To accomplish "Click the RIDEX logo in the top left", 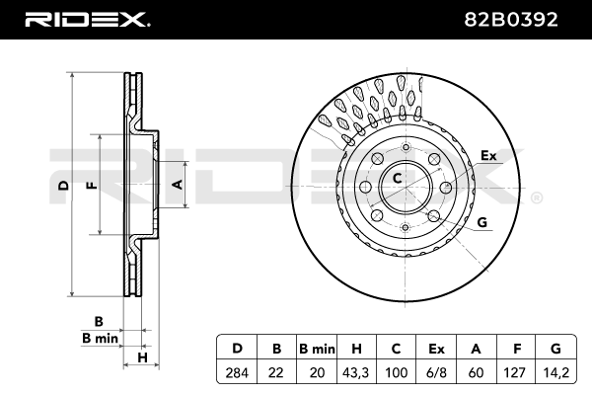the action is pos(86,19).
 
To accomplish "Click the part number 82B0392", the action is pos(518,19).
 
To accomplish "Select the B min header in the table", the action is pos(317,348).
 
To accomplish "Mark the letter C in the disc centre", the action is pos(397,179).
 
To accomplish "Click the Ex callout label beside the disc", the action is pos(486,155).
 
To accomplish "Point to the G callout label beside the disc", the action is pos(482,223).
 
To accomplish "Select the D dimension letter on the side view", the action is pos(62,185).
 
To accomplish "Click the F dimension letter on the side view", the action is pos(91,185).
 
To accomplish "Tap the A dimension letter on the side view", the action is pos(177,185).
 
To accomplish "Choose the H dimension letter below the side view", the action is pos(142,356).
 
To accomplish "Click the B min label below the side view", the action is pos(100,338).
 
